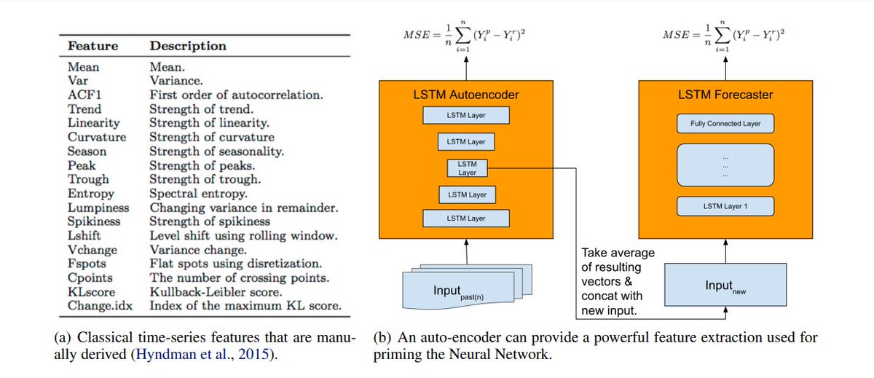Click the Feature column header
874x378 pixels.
(x=92, y=46)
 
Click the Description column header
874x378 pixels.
(x=188, y=46)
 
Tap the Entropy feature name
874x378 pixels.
(x=91, y=193)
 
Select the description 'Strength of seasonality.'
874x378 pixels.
(x=217, y=151)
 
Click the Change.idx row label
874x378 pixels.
(x=101, y=305)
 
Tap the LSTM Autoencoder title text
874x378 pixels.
(x=467, y=94)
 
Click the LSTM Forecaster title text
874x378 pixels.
(x=725, y=94)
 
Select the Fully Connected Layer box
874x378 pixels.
(x=725, y=123)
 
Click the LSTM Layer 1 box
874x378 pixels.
(x=725, y=206)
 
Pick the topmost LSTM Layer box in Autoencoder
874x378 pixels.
(x=466, y=115)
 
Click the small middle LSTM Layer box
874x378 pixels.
(x=467, y=168)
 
